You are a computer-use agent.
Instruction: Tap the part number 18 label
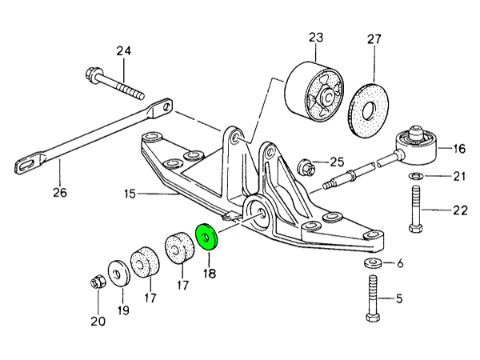click(x=210, y=272)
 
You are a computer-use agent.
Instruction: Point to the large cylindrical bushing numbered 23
click(x=314, y=91)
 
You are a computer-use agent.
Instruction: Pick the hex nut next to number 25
click(x=305, y=168)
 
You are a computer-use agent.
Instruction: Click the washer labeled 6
click(x=373, y=262)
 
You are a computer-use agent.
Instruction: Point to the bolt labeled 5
click(x=373, y=300)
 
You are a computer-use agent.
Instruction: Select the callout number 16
click(x=458, y=148)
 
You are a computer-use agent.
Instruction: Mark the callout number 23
click(x=314, y=37)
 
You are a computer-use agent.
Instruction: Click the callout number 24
click(x=122, y=52)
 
